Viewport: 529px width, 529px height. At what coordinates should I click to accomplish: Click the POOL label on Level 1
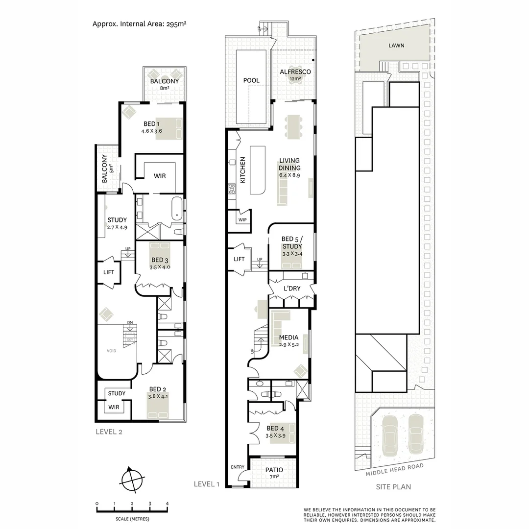tap(251, 80)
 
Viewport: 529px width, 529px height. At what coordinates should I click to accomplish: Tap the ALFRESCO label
tap(295, 72)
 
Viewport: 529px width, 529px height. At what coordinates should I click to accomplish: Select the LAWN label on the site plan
tap(396, 45)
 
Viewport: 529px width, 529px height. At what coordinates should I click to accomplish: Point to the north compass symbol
tap(132, 478)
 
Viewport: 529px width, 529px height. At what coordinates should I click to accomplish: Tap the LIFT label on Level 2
tap(109, 272)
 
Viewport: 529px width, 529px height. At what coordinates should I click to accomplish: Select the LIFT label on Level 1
tap(239, 259)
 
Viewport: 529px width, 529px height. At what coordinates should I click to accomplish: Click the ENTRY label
tap(237, 467)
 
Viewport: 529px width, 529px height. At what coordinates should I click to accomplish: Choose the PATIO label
tap(274, 470)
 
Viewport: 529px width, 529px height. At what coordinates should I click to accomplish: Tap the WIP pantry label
tap(242, 220)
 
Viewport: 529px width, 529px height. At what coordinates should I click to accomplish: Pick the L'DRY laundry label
tap(292, 289)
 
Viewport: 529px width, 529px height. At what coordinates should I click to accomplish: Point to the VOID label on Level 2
tap(113, 351)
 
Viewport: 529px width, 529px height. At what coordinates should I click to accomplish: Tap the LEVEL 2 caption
tap(108, 432)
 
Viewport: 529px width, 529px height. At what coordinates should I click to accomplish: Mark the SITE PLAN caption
tap(393, 486)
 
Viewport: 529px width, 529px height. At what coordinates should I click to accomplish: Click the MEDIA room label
tap(289, 337)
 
